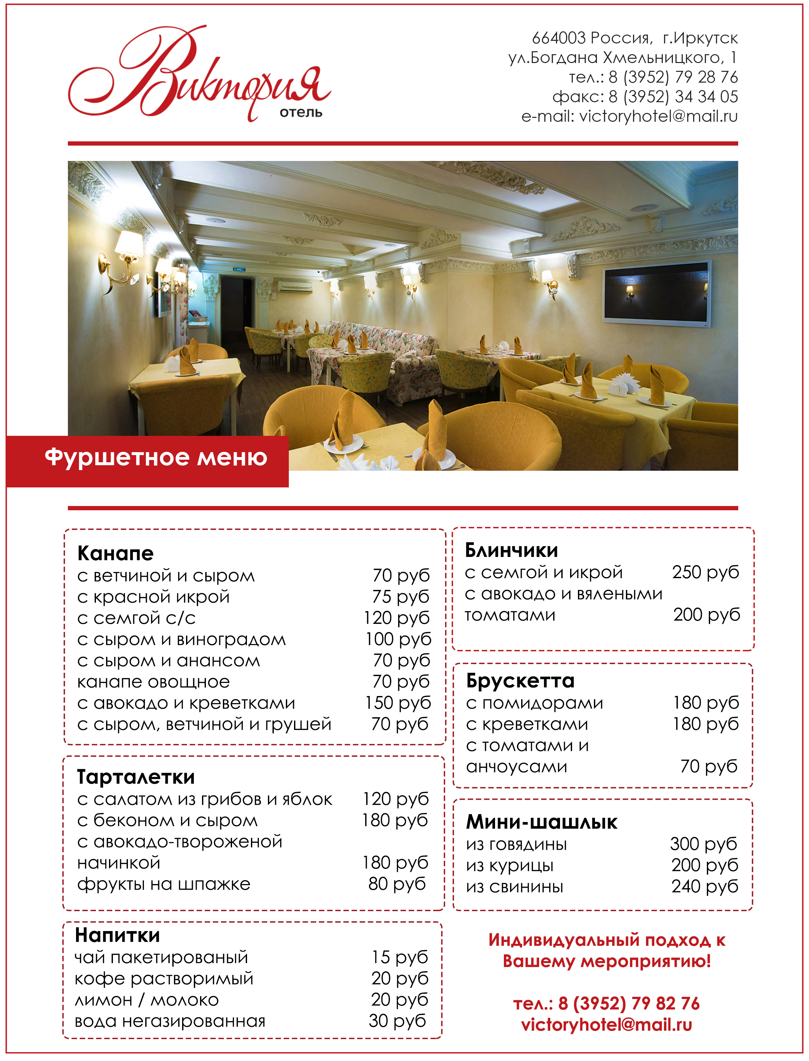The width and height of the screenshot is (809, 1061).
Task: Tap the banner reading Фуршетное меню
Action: click(x=156, y=457)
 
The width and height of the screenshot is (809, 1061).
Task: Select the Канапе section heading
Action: click(x=115, y=553)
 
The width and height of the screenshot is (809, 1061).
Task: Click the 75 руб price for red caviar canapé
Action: click(x=400, y=597)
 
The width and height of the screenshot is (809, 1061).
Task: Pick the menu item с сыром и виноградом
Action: click(x=181, y=639)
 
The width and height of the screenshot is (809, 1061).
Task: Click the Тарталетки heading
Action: click(x=136, y=777)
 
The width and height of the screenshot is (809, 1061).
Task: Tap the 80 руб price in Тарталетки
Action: click(x=397, y=884)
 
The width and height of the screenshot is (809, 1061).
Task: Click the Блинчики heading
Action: click(x=511, y=550)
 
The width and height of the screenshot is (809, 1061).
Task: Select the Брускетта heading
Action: click(x=520, y=681)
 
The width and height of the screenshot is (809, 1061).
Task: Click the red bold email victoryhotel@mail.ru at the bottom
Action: click(x=606, y=1024)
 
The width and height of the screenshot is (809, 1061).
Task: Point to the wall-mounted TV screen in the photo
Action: click(x=657, y=292)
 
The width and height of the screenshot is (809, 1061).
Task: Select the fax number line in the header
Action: click(x=645, y=97)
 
